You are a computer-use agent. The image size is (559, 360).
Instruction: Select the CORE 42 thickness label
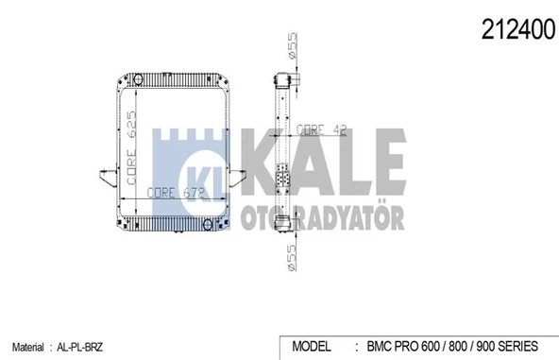320,129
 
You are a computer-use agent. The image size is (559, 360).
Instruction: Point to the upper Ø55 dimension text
294,46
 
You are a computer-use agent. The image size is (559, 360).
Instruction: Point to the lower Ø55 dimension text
293,256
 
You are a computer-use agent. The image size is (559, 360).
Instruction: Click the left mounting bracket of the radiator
104,179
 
